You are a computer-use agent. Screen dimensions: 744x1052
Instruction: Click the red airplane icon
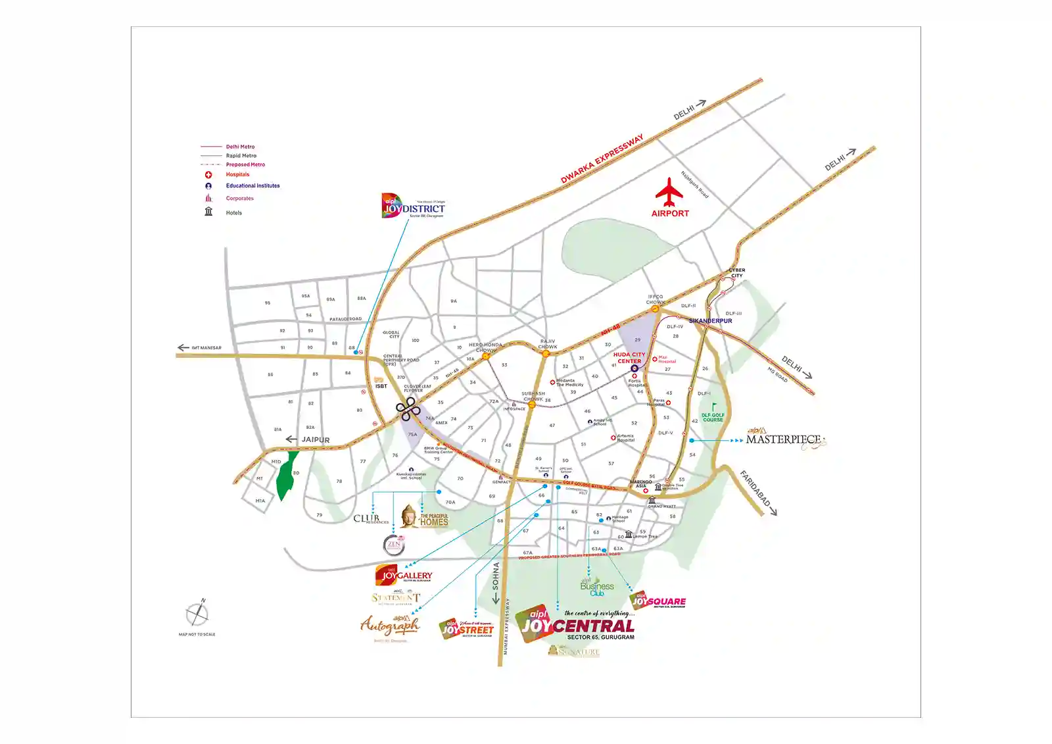(669, 192)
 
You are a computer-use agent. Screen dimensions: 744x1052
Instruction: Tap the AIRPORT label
(670, 214)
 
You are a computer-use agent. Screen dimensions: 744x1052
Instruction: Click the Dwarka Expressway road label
(602, 159)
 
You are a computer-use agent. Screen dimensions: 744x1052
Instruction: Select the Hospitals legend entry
(237, 175)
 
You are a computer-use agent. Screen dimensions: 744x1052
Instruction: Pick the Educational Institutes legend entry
(252, 186)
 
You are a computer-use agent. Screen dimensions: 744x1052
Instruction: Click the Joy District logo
(414, 206)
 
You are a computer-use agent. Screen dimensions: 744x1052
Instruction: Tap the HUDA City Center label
(629, 358)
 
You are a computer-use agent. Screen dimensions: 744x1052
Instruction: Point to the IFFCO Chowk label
(656, 299)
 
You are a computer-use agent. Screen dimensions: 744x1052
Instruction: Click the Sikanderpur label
(710, 321)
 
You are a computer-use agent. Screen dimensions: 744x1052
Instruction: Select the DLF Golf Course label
(713, 417)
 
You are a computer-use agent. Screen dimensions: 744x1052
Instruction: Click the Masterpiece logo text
(783, 439)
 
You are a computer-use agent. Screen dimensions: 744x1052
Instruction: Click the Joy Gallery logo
(404, 576)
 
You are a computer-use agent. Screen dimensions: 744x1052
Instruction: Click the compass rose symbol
(197, 614)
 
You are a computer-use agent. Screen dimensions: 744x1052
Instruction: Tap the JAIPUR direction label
(316, 440)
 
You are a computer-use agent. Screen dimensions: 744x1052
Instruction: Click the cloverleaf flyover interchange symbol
(408, 409)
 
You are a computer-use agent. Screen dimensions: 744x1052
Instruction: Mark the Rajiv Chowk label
(548, 344)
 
